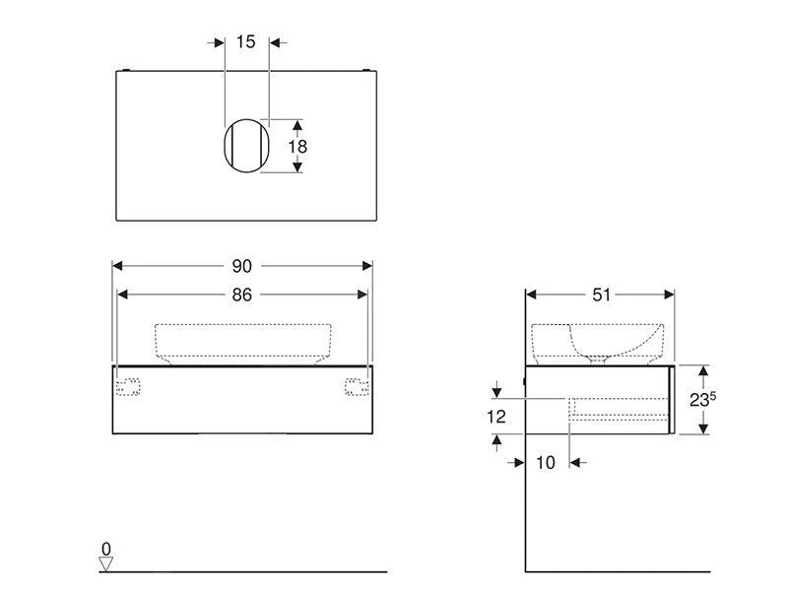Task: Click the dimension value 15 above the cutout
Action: [246, 41]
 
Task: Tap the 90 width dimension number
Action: [242, 266]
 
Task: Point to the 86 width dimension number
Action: [242, 294]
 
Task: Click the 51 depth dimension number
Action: [601, 294]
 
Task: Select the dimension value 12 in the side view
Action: [496, 417]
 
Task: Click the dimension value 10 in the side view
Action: [545, 463]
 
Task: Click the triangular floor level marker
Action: [106, 563]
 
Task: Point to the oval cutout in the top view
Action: [244, 147]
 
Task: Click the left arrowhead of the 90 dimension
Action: [117, 266]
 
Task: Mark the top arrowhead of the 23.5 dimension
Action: [703, 370]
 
